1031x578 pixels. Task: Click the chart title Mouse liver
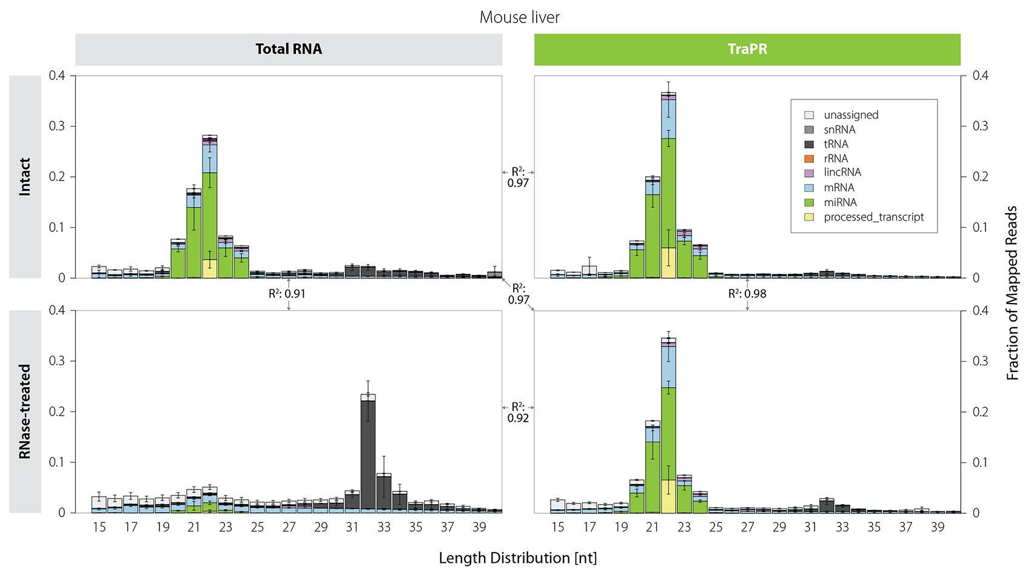click(x=519, y=17)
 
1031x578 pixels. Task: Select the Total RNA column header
click(x=289, y=49)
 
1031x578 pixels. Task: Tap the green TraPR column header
click(x=747, y=49)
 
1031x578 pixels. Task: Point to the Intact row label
click(x=25, y=176)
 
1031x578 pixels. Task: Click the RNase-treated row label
click(x=25, y=411)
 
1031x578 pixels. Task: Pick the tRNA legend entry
click(x=835, y=144)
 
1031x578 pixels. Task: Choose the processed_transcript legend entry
click(x=873, y=217)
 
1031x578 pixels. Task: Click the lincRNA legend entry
click(x=842, y=173)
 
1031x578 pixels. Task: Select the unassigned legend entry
click(x=850, y=115)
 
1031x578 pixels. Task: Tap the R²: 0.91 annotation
click(x=287, y=294)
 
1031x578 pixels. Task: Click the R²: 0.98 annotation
click(x=747, y=294)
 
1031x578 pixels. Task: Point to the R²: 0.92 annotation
click(x=518, y=413)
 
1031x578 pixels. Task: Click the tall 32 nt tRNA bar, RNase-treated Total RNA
click(x=368, y=454)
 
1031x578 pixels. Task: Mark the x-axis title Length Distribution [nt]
click(x=518, y=558)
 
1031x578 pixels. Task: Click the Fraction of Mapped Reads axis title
click(x=1012, y=293)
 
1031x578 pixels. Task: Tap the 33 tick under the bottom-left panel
click(x=384, y=527)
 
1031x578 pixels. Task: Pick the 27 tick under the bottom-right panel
click(x=747, y=527)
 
